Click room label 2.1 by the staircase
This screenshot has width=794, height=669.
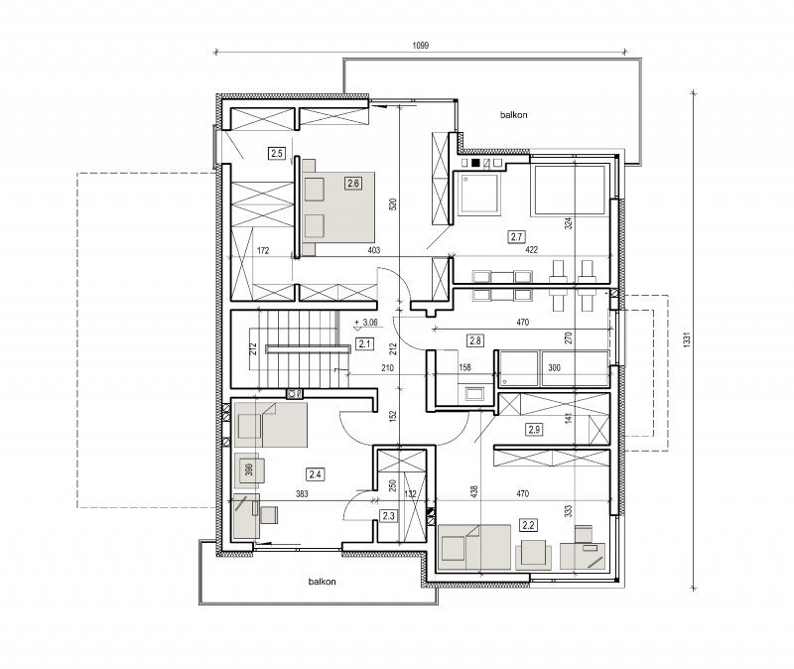tap(364, 343)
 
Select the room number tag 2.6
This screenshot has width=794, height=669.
tap(353, 183)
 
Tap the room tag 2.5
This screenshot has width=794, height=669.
tap(277, 153)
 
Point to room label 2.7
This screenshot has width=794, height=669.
tap(516, 236)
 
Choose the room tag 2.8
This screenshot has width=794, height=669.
tap(475, 340)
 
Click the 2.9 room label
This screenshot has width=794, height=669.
tap(534, 430)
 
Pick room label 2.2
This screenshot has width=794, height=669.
tap(528, 525)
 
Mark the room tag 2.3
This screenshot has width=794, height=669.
tap(388, 516)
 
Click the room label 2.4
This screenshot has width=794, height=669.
tap(315, 474)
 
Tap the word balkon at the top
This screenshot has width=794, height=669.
tap(513, 115)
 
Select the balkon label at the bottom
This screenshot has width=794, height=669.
tap(322, 582)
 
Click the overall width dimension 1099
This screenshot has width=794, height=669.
tap(420, 46)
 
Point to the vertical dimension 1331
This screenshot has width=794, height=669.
tap(687, 339)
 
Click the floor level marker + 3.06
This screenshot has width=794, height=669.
tap(366, 322)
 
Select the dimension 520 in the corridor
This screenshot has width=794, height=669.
tap(393, 203)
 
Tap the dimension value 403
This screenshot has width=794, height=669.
tap(374, 250)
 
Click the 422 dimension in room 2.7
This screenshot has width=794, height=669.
tap(532, 250)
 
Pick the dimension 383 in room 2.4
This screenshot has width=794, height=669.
tap(302, 493)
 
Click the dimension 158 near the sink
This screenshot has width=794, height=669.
tap(464, 367)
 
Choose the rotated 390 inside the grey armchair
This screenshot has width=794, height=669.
tap(249, 469)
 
